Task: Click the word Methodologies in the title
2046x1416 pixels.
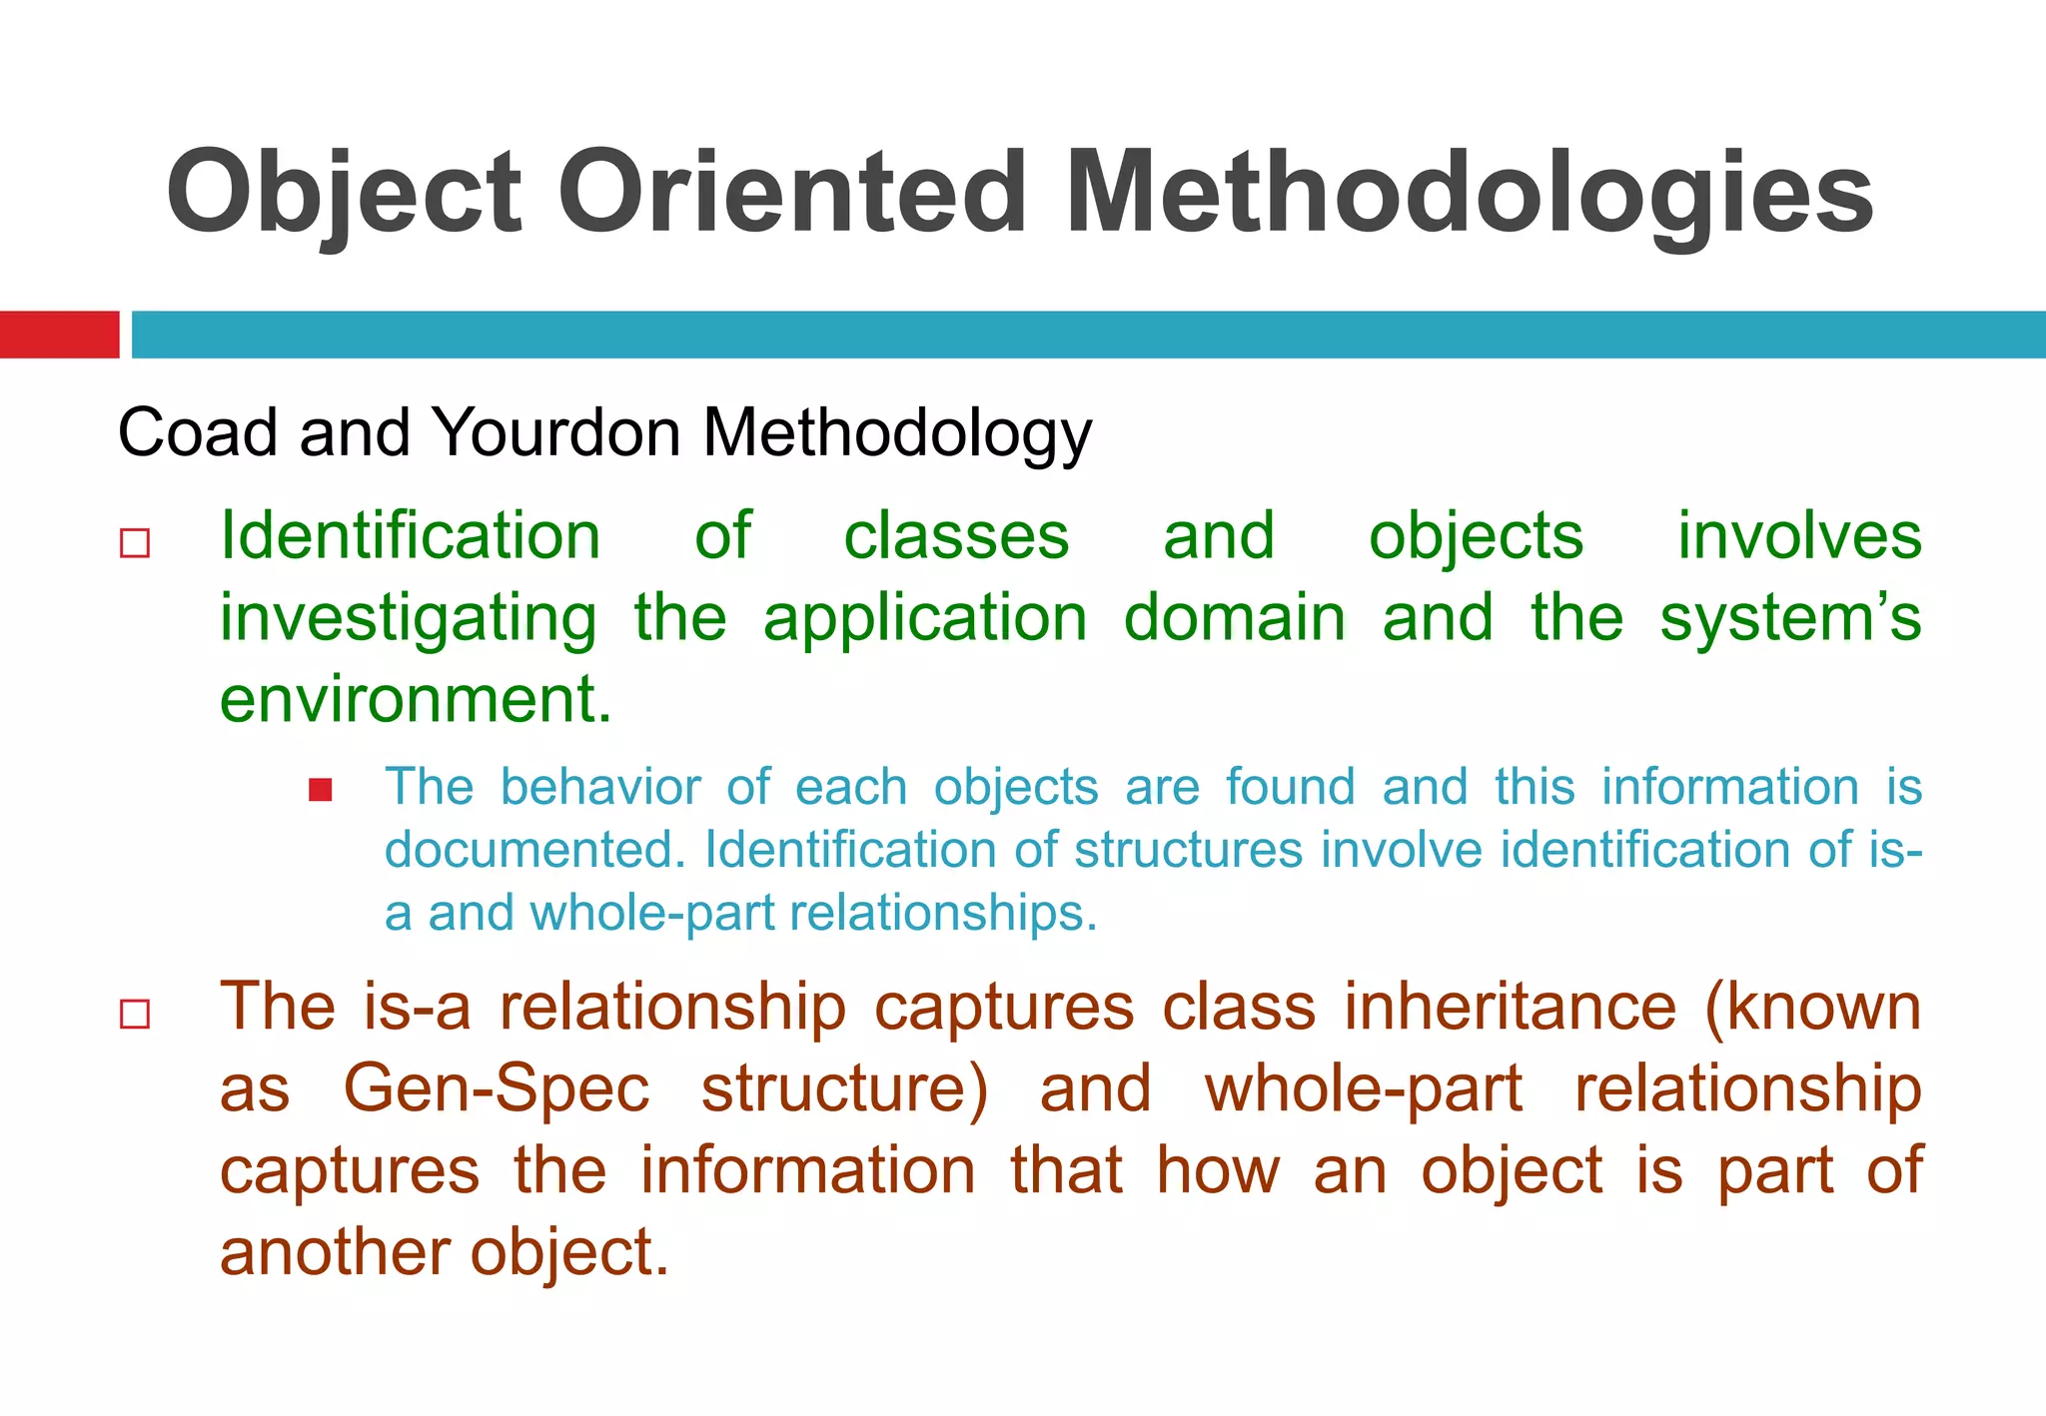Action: tap(1469, 192)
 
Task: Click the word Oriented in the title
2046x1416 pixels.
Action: tap(791, 192)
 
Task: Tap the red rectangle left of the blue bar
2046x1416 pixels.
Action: tap(59, 335)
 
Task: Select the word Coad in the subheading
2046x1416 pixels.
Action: tap(197, 433)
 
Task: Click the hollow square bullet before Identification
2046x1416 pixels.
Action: tap(135, 543)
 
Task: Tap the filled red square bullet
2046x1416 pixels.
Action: tap(320, 791)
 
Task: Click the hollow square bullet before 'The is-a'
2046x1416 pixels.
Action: tap(135, 1014)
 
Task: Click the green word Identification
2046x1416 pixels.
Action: tap(410, 536)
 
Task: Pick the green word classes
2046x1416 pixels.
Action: tap(956, 536)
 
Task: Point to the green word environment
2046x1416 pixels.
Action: tap(415, 699)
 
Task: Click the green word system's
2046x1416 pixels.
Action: tap(1789, 618)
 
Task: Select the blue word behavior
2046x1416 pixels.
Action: tap(600, 787)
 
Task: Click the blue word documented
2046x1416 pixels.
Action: tap(534, 850)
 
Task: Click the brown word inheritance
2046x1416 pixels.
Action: tap(1510, 1007)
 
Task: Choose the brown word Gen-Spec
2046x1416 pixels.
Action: tap(497, 1088)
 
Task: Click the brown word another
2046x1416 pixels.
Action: tap(335, 1252)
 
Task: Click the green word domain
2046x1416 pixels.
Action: tap(1234, 618)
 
